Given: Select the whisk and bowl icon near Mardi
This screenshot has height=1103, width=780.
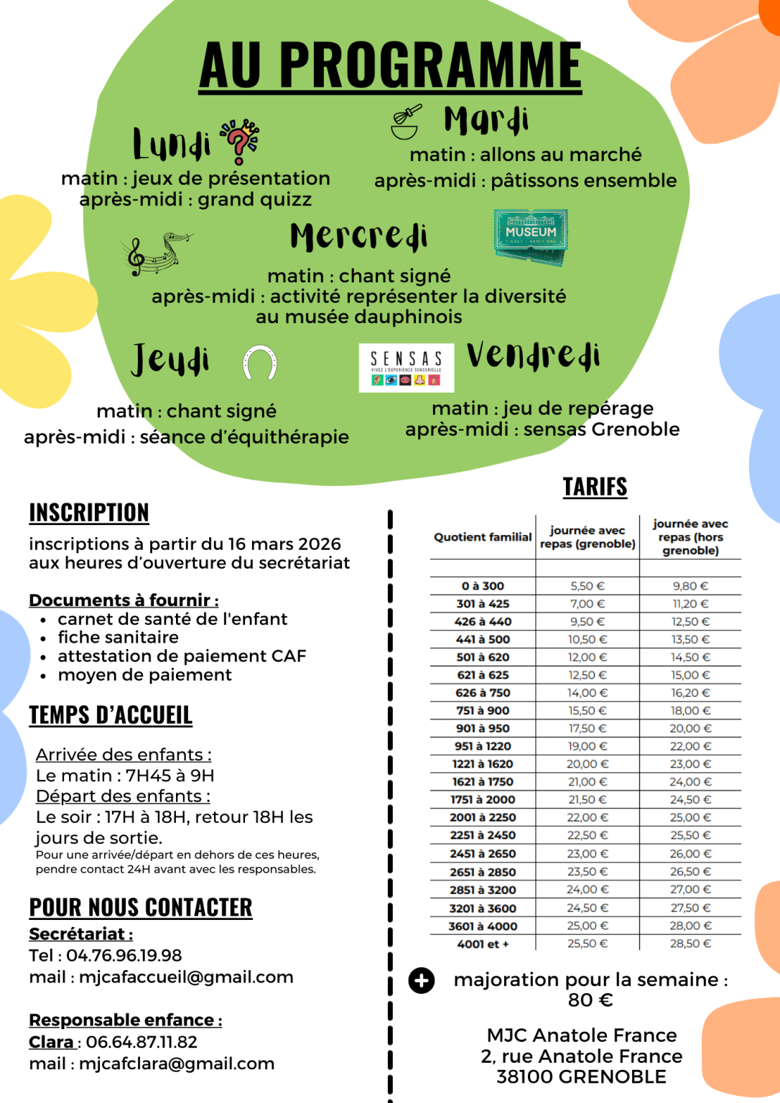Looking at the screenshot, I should point(406,122).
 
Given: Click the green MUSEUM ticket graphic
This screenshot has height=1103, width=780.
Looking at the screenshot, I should point(531,236).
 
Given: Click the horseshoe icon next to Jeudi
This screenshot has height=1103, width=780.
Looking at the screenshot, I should point(259,362).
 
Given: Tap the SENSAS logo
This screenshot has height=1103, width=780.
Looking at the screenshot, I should point(407,368).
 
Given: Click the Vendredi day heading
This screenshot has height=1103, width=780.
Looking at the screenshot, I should point(533,356).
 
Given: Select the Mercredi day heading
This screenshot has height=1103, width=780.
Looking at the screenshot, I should point(358,236).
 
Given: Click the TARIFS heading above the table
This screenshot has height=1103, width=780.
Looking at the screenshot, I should point(595,487).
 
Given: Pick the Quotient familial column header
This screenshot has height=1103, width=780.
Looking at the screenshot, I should point(483,537).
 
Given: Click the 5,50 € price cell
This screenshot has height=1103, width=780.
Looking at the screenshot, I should point(588,586).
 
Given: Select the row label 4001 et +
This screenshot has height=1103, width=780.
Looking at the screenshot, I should point(483,944).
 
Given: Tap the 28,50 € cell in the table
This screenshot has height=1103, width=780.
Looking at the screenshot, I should point(690,944).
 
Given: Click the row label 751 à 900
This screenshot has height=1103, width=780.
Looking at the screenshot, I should point(483,710).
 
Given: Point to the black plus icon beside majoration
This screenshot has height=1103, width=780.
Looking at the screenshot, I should point(422,980).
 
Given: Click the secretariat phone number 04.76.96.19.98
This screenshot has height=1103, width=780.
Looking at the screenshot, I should point(124,956).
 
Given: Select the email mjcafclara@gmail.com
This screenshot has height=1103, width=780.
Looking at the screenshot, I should point(177,1064).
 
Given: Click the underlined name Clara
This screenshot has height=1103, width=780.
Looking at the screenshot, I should point(52,1042).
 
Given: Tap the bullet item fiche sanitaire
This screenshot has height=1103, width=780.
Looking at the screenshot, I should point(119,638).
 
